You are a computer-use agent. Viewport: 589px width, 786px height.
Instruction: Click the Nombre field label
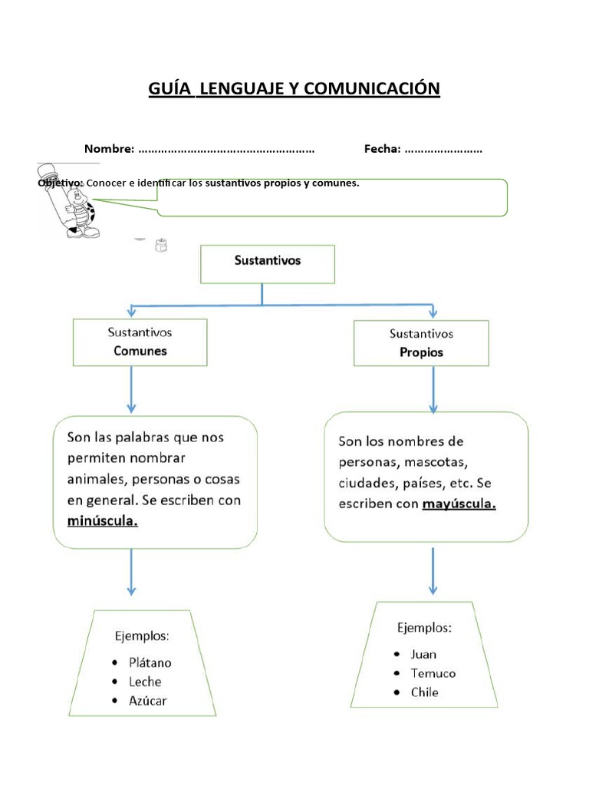[x=109, y=149]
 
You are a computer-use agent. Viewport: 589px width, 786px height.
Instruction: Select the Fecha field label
[x=382, y=149]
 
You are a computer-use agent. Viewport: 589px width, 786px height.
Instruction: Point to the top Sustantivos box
[x=267, y=264]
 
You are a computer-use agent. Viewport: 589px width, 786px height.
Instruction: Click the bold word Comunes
[x=140, y=352]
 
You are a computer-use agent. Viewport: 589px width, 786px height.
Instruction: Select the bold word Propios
[x=421, y=353]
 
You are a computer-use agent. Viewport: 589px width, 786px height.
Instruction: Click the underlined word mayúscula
[x=459, y=504]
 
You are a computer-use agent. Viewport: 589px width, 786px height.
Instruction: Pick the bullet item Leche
[x=146, y=682]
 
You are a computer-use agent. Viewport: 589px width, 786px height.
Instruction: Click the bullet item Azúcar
[x=148, y=700]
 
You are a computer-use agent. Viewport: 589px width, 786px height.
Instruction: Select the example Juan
[x=423, y=654]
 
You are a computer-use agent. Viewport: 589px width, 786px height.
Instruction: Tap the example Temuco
[x=433, y=673]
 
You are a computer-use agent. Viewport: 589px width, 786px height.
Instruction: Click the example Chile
[x=424, y=692]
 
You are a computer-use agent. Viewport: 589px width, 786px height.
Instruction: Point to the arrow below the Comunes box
[x=131, y=390]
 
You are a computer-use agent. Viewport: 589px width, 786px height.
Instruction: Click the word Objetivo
[x=60, y=183]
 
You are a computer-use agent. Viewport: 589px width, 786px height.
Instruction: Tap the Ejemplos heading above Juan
[x=424, y=628]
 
